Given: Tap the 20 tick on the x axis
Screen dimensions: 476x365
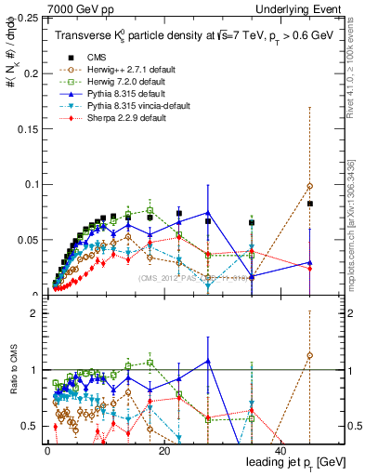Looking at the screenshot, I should click(164, 452).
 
